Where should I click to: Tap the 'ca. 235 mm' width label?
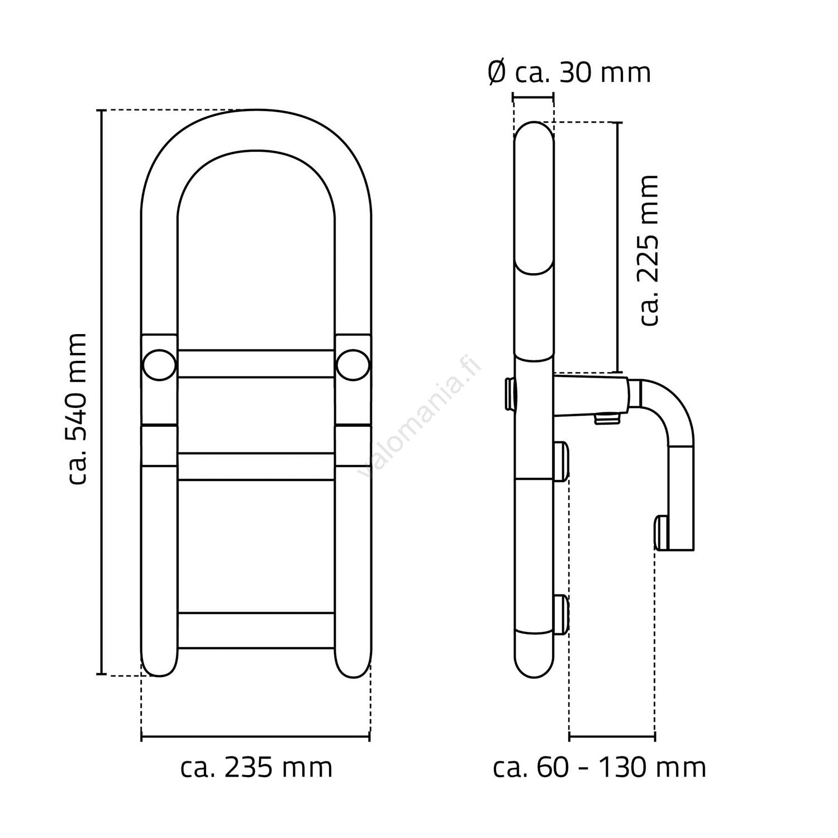(256, 768)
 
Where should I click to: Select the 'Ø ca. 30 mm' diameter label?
(569, 73)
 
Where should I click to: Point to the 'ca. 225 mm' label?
(649, 250)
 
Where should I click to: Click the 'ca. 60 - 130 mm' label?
(599, 768)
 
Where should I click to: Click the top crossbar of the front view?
(256, 364)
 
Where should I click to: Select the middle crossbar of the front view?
(256, 466)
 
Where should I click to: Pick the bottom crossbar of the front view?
(256, 630)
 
